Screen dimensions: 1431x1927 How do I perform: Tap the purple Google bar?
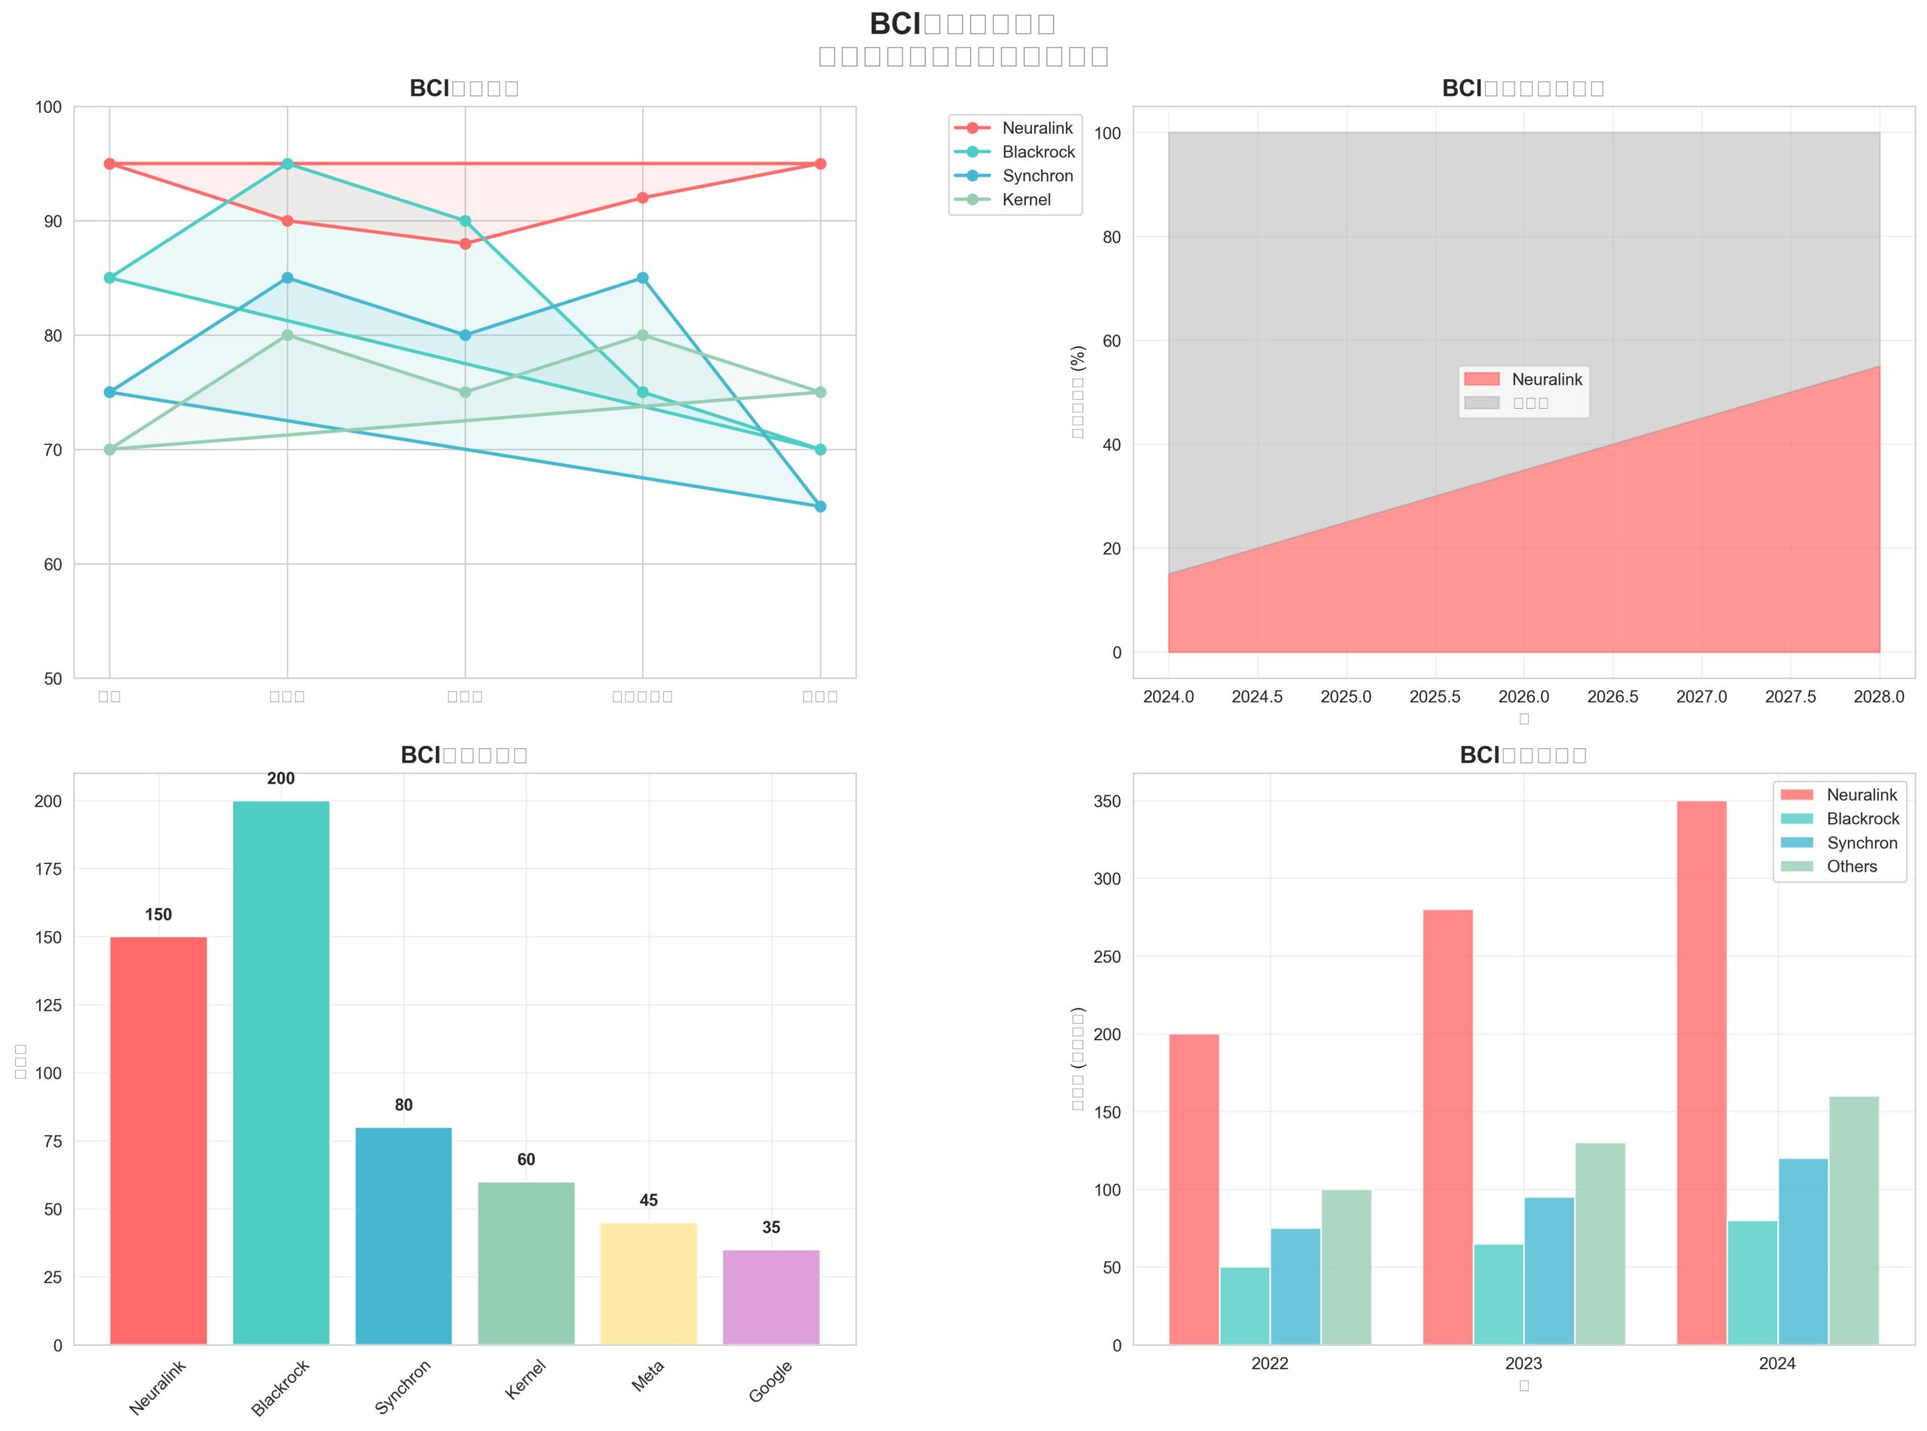[x=771, y=1297]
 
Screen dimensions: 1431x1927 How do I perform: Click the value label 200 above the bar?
[x=281, y=779]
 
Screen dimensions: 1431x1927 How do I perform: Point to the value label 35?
[x=771, y=1228]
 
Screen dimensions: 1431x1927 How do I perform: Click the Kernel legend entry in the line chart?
[x=1025, y=200]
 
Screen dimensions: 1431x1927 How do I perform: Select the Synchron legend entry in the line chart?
[x=1037, y=176]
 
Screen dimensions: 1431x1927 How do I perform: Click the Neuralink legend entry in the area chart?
[x=1546, y=379]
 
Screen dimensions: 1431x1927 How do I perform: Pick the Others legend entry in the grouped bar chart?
[x=1852, y=867]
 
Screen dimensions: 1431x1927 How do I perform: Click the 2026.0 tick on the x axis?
[x=1524, y=697]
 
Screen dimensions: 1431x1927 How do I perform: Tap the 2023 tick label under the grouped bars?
[x=1524, y=1363]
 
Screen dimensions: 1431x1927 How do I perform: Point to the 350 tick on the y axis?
[x=1110, y=802]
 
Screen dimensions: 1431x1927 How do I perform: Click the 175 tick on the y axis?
[x=48, y=869]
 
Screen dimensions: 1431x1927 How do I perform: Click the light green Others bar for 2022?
[x=1346, y=1268]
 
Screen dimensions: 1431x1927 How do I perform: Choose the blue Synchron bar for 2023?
[x=1548, y=1271]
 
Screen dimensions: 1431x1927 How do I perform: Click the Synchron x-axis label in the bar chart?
[x=403, y=1387]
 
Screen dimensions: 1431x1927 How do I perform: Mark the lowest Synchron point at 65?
[x=820, y=507]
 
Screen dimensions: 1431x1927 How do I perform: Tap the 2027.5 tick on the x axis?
[x=1790, y=697]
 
